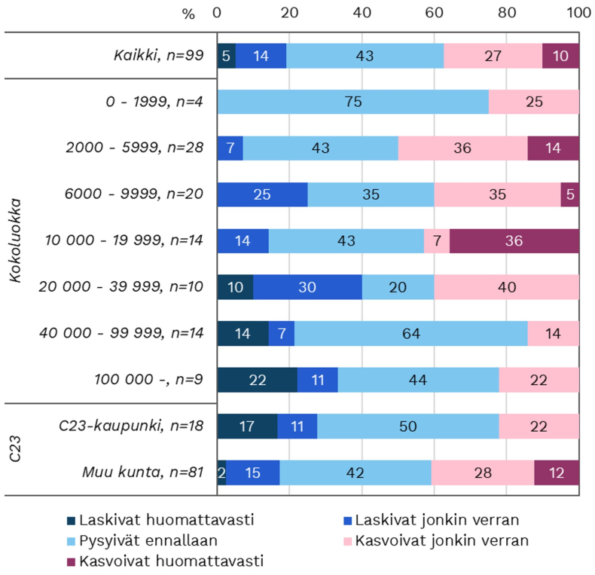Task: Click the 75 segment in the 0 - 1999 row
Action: pos(352,102)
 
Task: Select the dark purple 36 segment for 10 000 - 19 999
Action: pos(514,241)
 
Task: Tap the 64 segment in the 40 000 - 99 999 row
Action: pos(411,333)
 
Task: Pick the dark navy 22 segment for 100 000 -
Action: pos(257,380)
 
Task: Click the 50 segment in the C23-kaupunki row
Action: pos(408,426)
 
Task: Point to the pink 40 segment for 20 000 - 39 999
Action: pos(507,287)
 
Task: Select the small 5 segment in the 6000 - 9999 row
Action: pos(570,194)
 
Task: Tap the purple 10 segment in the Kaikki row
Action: pos(561,56)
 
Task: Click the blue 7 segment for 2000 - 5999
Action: pos(230,148)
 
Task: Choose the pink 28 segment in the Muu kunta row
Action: pos(483,473)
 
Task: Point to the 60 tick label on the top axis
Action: pos(435,13)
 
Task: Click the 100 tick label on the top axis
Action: pos(578,13)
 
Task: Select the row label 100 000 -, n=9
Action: pos(149,380)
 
